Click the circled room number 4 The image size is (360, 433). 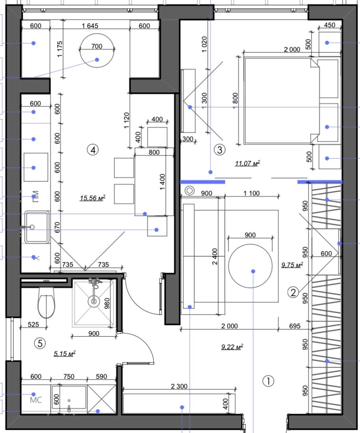(x=93, y=150)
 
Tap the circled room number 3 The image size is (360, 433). (x=220, y=150)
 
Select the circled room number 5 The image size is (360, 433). (x=40, y=343)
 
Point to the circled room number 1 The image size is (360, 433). (x=268, y=381)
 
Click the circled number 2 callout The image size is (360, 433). (x=293, y=292)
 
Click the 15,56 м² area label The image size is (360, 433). (x=93, y=198)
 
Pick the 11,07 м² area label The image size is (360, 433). (x=247, y=163)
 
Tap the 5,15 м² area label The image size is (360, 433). (x=65, y=353)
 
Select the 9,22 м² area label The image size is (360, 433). (x=232, y=347)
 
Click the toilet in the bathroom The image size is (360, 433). (x=46, y=303)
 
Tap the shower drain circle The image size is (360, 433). (x=94, y=301)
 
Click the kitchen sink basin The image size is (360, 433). (x=37, y=227)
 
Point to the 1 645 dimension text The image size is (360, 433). (x=90, y=26)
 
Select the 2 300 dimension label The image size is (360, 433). (x=179, y=386)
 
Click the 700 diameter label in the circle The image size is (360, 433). (x=96, y=46)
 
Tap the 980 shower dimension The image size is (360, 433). (x=107, y=303)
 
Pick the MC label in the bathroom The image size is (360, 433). (x=36, y=400)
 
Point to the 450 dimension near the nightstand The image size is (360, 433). (x=329, y=25)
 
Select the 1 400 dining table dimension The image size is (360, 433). (x=162, y=182)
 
